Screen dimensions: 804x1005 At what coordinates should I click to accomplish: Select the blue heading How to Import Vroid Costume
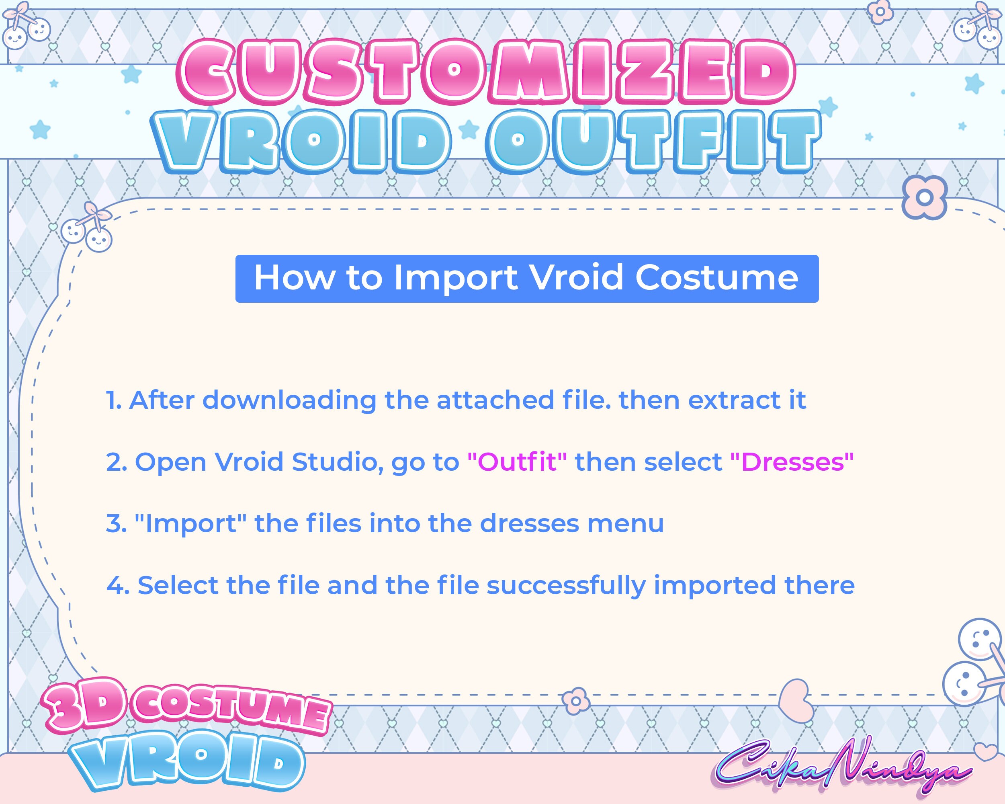coord(526,279)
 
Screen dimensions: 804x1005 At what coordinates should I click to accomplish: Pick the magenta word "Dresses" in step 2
coord(792,461)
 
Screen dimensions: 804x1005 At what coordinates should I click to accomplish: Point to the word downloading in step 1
coord(289,400)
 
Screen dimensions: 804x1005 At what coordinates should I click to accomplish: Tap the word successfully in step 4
coord(566,585)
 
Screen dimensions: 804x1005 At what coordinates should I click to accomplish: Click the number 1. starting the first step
coord(114,400)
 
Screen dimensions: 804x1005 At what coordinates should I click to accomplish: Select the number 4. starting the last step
coord(117,585)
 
